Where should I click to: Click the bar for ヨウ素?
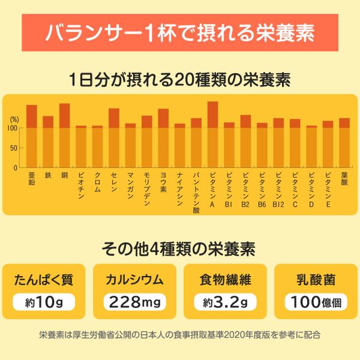coord(163,139)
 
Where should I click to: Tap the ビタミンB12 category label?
coord(278,190)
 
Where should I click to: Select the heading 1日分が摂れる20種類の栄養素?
coord(180,79)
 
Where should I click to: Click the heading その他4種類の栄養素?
coord(180,248)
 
